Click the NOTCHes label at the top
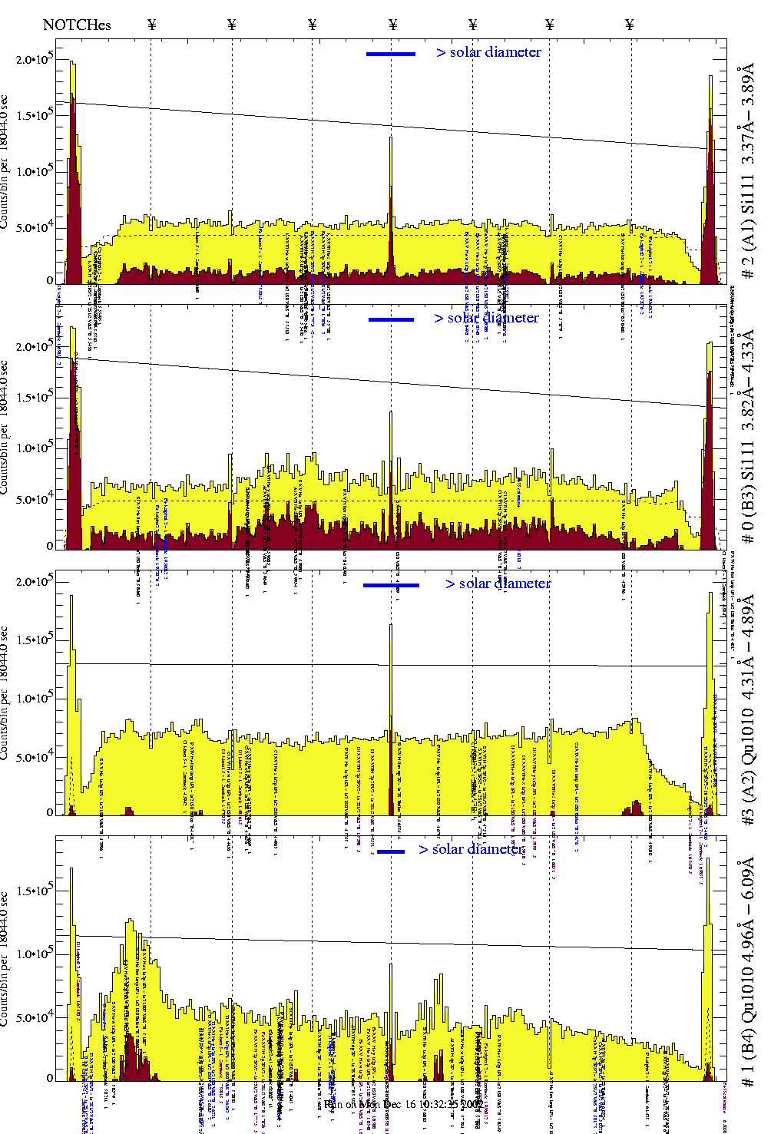(x=77, y=25)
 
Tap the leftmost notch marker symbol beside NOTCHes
(x=151, y=25)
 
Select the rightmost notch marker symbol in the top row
(x=630, y=25)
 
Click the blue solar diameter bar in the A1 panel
(x=391, y=54)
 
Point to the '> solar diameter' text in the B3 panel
(x=486, y=318)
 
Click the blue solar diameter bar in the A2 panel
(x=391, y=585)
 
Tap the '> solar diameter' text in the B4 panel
(x=471, y=849)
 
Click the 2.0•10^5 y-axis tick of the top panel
(x=35, y=60)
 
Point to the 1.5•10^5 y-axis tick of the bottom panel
(x=35, y=891)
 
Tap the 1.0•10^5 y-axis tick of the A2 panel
(x=35, y=699)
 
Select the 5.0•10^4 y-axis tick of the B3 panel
(x=35, y=500)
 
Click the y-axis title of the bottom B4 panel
(x=5, y=960)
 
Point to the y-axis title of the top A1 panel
(x=5, y=161)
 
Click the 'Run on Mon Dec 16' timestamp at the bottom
(x=403, y=1104)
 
